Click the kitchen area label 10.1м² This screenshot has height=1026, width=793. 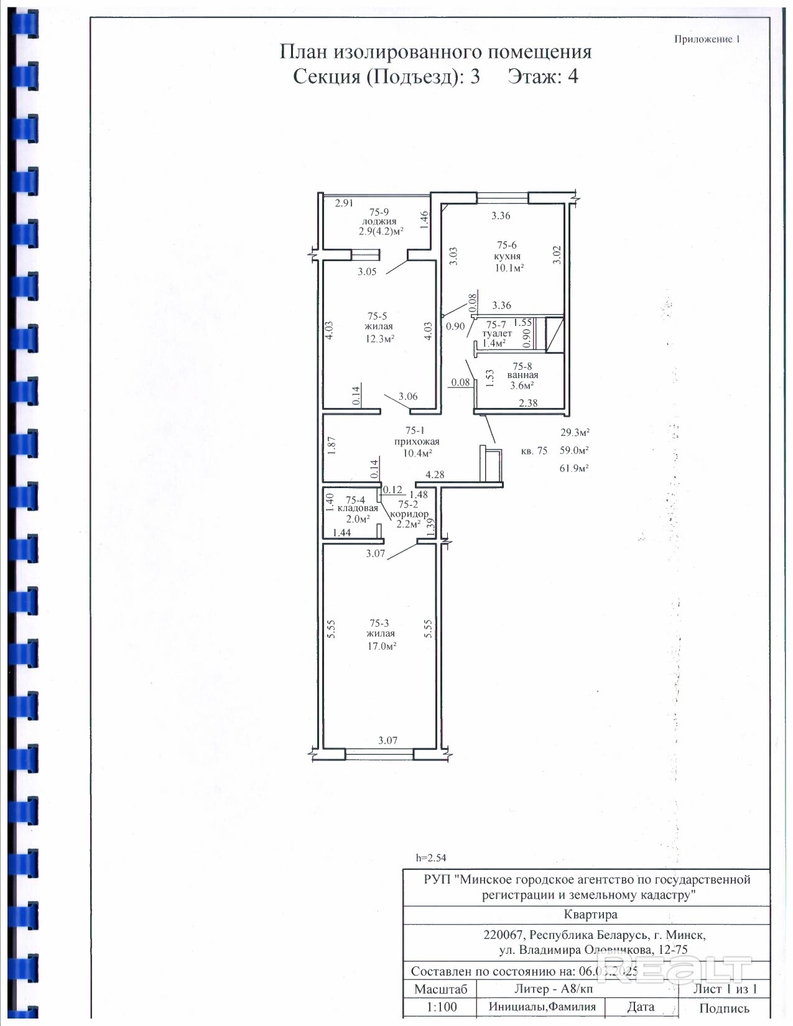(509, 268)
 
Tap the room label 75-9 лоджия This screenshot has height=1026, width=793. (379, 217)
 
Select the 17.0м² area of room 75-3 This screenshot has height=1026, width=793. (382, 646)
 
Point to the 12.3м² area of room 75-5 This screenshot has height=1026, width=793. (380, 338)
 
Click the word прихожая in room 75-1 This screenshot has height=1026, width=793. (417, 442)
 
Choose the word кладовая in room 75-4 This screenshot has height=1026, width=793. (358, 509)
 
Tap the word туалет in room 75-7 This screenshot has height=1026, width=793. (497, 333)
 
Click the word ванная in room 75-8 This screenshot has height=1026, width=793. (523, 376)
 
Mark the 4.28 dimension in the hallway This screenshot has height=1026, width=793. (435, 475)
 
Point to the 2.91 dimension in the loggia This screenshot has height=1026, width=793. (344, 203)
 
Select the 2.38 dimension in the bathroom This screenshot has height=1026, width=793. (528, 403)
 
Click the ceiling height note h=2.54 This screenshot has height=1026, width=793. (431, 857)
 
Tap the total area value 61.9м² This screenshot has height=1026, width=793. (574, 468)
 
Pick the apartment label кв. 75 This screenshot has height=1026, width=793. (534, 451)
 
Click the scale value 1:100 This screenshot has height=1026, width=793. (442, 1007)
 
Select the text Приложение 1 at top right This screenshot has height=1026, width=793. (707, 39)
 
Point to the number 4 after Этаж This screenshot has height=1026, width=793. (573, 76)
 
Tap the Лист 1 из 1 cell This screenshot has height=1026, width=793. (725, 989)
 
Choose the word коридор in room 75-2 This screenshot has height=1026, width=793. (409, 514)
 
